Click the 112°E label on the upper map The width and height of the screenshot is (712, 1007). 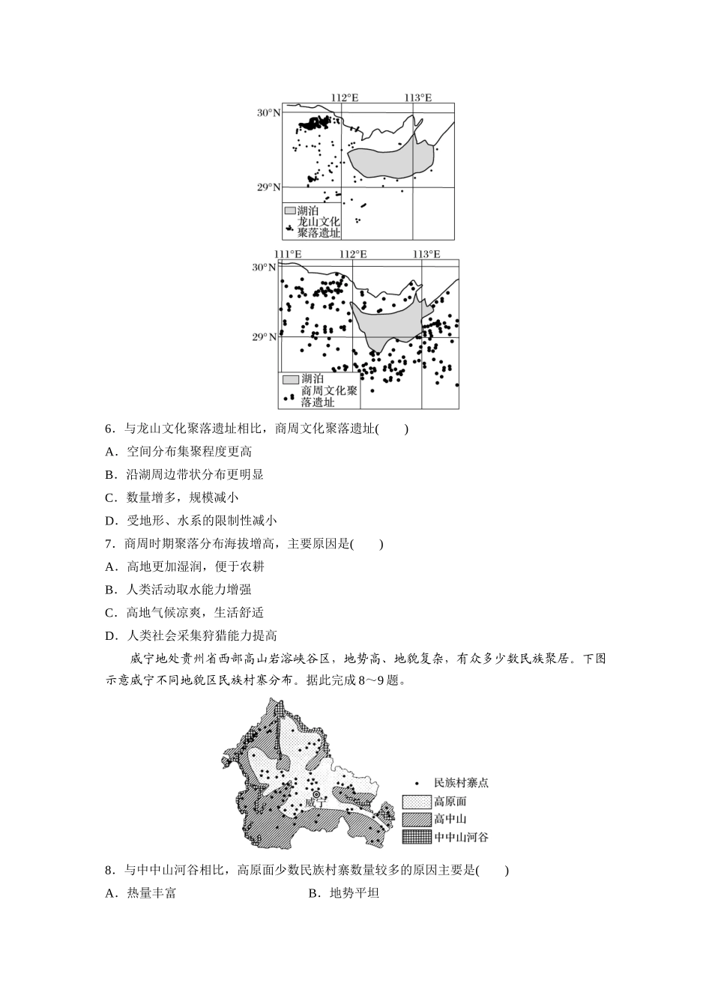click(x=345, y=97)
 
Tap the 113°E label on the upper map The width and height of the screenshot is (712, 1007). click(x=418, y=97)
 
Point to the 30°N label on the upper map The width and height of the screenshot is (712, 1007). click(x=268, y=113)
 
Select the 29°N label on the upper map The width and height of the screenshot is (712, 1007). click(x=268, y=187)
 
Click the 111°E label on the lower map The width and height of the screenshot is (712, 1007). click(x=288, y=255)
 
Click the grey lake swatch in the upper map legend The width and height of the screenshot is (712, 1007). click(x=289, y=211)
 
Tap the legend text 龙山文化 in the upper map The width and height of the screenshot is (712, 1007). click(x=319, y=222)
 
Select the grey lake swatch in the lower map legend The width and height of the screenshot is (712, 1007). click(x=290, y=379)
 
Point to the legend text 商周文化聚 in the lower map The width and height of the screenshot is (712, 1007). click(x=329, y=390)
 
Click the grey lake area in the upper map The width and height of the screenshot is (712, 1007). click(x=390, y=161)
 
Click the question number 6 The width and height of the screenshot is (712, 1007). click(x=109, y=429)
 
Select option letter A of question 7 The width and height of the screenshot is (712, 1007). click(x=111, y=567)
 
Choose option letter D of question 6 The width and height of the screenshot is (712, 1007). click(x=111, y=521)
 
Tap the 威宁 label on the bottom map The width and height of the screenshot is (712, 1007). click(x=316, y=802)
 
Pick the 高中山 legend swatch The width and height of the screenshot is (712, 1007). click(x=416, y=819)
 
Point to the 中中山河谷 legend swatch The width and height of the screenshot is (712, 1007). click(x=416, y=837)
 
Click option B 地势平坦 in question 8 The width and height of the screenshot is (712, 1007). click(x=345, y=893)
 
